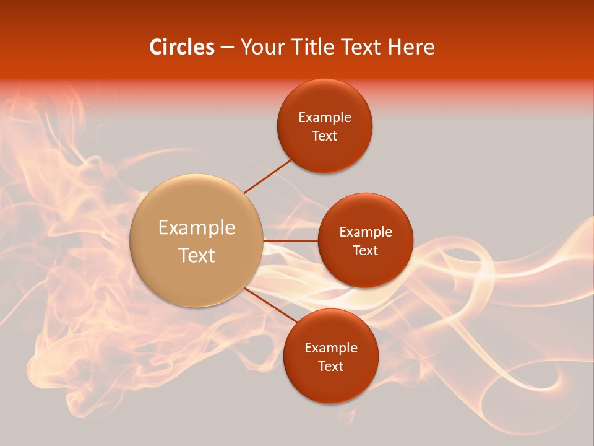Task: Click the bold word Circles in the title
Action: click(x=181, y=47)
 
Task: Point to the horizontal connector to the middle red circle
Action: click(x=291, y=240)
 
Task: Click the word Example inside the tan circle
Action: click(x=197, y=228)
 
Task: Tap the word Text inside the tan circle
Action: click(x=197, y=255)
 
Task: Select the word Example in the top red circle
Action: click(x=324, y=118)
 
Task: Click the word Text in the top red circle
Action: click(x=324, y=136)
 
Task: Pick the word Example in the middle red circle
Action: click(x=365, y=232)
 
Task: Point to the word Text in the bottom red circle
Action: click(x=330, y=367)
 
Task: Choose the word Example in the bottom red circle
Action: click(x=330, y=348)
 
